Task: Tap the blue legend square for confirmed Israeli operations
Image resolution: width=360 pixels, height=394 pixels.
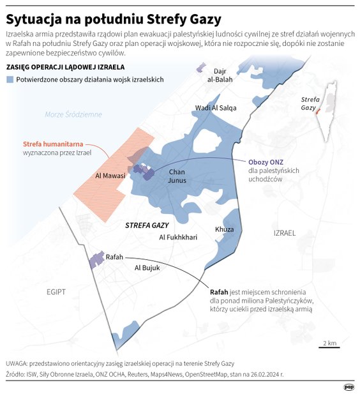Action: coord(9,79)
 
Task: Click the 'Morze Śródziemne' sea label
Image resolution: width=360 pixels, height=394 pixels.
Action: coord(73,114)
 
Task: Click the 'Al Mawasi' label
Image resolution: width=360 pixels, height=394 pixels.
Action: coord(110,174)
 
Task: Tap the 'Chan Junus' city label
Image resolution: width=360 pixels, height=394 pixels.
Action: coord(177,176)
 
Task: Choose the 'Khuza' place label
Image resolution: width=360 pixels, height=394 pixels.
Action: coord(224,229)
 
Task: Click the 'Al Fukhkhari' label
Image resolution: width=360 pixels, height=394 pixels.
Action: coord(178,237)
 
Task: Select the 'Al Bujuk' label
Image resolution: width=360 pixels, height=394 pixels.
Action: coord(147,268)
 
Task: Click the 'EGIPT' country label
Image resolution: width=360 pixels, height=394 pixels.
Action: coord(56,292)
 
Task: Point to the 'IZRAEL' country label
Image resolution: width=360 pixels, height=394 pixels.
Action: coord(285,233)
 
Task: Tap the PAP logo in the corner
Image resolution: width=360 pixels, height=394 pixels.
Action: coord(349,386)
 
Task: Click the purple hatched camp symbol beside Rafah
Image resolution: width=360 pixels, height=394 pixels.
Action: coord(96,259)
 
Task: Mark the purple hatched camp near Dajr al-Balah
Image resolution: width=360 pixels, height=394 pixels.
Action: coord(201,67)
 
